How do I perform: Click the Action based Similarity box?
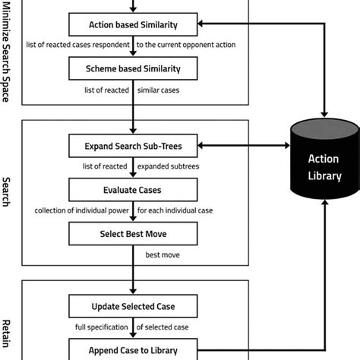(133, 26)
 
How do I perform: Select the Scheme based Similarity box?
(133, 70)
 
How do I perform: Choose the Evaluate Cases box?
(133, 189)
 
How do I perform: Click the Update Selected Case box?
(133, 307)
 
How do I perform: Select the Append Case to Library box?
(133, 350)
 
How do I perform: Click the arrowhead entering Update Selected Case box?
(133, 292)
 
